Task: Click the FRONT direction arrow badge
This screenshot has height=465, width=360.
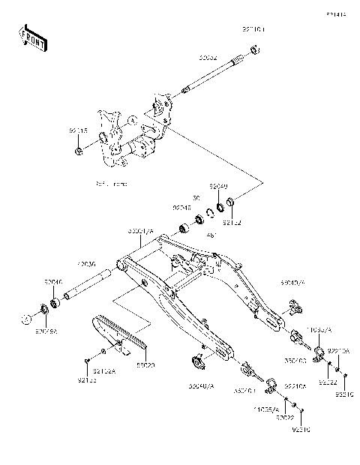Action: tap(33, 38)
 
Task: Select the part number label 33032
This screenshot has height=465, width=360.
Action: tap(208, 56)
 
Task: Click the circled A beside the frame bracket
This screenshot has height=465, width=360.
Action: tap(131, 119)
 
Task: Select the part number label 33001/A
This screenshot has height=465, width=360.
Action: tap(140, 232)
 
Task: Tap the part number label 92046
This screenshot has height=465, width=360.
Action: tap(53, 283)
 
